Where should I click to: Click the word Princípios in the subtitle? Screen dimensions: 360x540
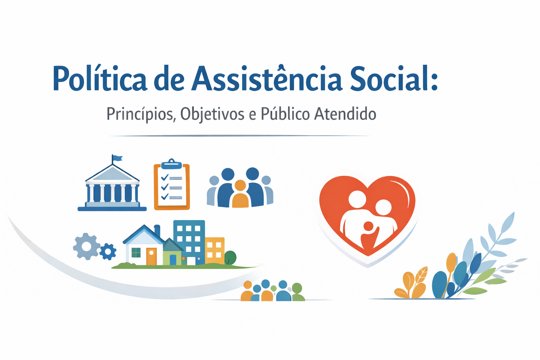click(141, 114)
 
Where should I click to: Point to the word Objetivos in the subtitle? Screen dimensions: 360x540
click(212, 114)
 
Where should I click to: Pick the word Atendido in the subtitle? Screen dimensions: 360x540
click(345, 114)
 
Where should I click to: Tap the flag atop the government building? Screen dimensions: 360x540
click(117, 158)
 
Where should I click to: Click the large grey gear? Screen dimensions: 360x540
click(86, 246)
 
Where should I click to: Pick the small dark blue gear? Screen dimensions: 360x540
click(108, 251)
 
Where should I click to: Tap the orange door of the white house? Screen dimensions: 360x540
click(151, 256)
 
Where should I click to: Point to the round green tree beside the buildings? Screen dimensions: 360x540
click(230, 257)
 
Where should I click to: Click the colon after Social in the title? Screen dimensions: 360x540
click(434, 79)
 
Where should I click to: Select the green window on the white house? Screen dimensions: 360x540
click(136, 252)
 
